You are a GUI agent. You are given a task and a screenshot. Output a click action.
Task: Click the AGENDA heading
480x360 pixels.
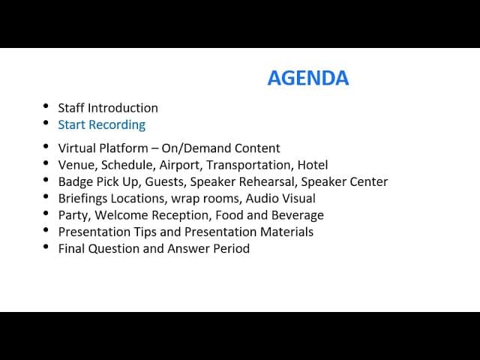[x=307, y=78]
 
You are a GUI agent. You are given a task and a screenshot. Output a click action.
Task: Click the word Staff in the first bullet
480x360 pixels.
[x=71, y=108]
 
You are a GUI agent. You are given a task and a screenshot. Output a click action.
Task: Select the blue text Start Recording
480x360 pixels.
[x=101, y=124]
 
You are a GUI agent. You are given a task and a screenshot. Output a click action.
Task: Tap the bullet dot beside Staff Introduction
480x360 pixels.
[x=46, y=106]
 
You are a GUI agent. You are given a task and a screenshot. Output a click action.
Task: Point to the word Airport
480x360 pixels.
[x=179, y=165]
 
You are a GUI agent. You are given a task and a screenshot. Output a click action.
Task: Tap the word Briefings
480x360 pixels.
[x=84, y=199]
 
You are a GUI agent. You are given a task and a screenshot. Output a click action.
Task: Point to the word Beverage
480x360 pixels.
[x=297, y=215]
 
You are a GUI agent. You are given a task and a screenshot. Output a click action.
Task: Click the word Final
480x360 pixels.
[x=72, y=248]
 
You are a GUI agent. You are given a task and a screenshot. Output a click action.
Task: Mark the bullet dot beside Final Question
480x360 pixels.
[x=46, y=247]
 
